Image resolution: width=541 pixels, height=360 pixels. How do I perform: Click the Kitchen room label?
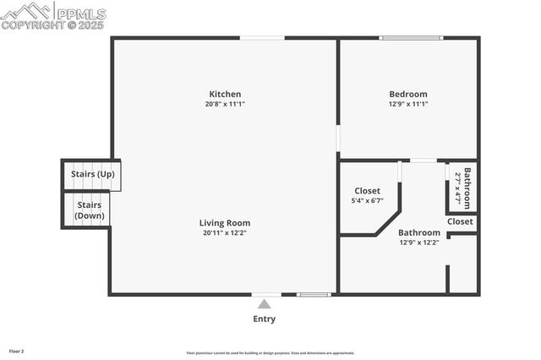(225, 94)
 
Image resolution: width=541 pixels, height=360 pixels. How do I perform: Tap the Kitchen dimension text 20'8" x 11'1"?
(225, 104)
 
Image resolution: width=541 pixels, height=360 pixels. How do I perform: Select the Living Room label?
(225, 223)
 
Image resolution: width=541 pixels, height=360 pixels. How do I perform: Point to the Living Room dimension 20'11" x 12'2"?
(225, 233)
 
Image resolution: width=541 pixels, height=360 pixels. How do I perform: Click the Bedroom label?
(407, 94)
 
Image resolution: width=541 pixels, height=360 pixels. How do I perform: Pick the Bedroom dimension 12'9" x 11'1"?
(407, 104)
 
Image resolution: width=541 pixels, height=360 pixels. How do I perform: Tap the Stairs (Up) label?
(92, 174)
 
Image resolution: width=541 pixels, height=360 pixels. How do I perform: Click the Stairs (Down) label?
(90, 210)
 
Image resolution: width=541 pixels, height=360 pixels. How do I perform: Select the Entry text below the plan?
(264, 319)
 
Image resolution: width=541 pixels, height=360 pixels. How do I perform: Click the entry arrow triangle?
(264, 304)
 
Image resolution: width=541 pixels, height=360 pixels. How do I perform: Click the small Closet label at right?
(460, 221)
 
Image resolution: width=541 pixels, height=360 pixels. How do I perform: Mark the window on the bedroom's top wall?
(410, 38)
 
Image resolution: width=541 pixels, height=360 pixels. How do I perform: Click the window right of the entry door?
(314, 295)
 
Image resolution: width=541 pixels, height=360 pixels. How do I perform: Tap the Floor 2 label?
(17, 350)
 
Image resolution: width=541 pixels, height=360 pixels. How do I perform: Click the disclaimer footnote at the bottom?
(270, 353)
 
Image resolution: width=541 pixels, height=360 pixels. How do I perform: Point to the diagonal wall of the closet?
(387, 224)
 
